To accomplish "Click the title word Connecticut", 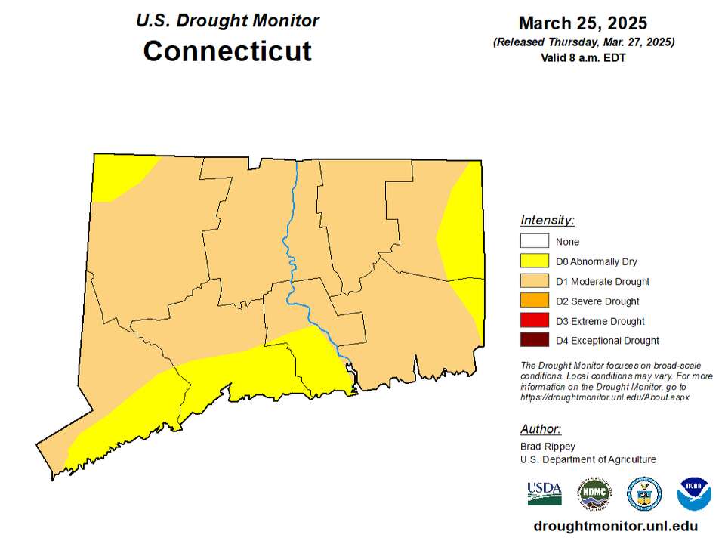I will point(227,51).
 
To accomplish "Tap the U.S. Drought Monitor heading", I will point(227,20).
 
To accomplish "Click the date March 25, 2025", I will point(583,23).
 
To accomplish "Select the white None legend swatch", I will point(535,242).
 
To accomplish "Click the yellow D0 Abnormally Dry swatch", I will point(535,261).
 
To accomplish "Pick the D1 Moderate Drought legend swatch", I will point(535,281).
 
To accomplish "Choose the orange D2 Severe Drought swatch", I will point(535,301).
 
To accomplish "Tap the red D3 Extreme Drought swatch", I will point(535,320).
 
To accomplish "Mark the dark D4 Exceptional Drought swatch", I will point(535,340).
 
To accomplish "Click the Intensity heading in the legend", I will point(548,221).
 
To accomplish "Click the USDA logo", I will point(545,493).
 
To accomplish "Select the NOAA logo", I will point(693,493).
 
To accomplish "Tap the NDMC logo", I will point(594,493).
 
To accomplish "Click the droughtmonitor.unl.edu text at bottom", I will point(615,526).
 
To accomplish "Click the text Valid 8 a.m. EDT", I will point(583,57).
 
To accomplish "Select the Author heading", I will point(541,429).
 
